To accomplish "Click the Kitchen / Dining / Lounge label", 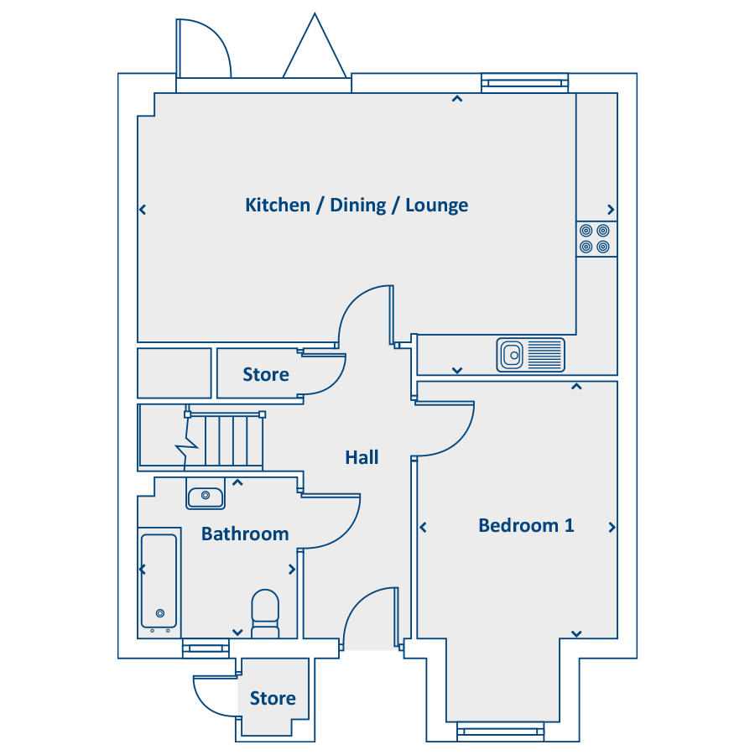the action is (x=357, y=206).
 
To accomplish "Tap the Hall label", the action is (x=362, y=457).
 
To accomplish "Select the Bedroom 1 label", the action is (x=526, y=525).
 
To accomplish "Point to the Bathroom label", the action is (x=245, y=534).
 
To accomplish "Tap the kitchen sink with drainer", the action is (x=531, y=356).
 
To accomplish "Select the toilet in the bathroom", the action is (x=265, y=614).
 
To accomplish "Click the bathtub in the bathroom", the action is (x=159, y=583).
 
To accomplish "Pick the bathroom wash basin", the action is (x=206, y=494).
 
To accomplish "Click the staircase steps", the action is (x=226, y=440).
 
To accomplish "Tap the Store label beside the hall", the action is (x=266, y=375).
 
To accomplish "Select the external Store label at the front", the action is (x=273, y=698).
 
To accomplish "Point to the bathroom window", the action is (x=206, y=648).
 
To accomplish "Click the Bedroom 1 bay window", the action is (x=500, y=732).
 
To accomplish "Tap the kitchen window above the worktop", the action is (x=525, y=83).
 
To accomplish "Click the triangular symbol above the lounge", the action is (x=315, y=46).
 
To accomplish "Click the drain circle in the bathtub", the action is (x=160, y=613).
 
